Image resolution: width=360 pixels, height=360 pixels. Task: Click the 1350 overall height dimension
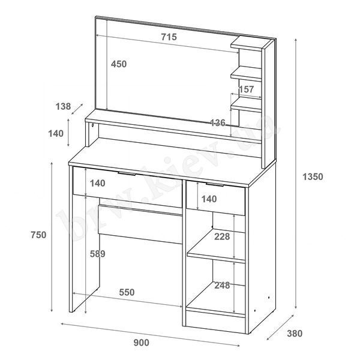point(313,177)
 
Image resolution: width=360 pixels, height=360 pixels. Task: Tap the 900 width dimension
point(142,343)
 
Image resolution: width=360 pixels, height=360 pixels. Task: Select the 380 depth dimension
point(295,334)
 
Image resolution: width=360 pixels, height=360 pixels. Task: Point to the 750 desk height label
point(38,235)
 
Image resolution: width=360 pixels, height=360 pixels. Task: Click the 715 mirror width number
point(169,37)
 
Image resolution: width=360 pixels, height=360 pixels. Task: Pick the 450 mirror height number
point(119,64)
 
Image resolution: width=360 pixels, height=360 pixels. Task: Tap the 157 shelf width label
point(246,89)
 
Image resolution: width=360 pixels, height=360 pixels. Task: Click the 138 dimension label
point(64,106)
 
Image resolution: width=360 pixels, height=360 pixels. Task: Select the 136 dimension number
point(218,123)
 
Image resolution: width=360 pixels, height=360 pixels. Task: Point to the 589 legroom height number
point(98,254)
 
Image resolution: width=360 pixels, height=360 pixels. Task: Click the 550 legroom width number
point(127,292)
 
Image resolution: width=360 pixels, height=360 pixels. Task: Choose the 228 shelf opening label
point(222,236)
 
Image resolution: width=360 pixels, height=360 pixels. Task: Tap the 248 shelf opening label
point(222,286)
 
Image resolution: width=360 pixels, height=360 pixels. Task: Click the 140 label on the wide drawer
point(98,183)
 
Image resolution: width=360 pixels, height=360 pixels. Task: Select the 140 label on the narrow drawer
point(209,199)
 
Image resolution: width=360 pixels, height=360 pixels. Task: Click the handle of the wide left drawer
point(127,173)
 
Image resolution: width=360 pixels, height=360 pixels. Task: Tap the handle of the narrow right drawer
point(215,184)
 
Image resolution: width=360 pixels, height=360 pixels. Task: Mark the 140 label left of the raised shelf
point(56,133)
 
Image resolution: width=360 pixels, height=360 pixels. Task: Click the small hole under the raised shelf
point(93,125)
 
